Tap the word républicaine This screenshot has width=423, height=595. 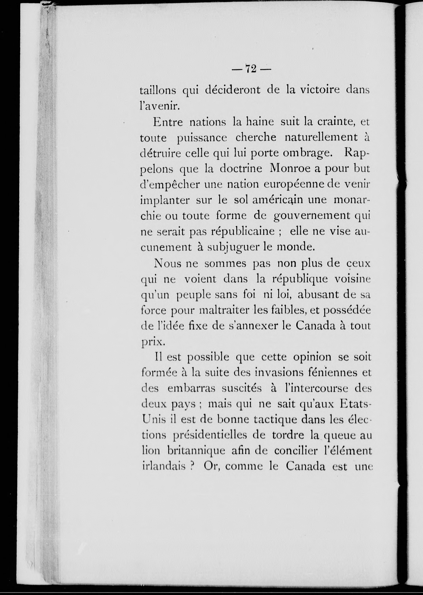click(243, 232)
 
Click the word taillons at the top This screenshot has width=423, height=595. click(157, 90)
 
